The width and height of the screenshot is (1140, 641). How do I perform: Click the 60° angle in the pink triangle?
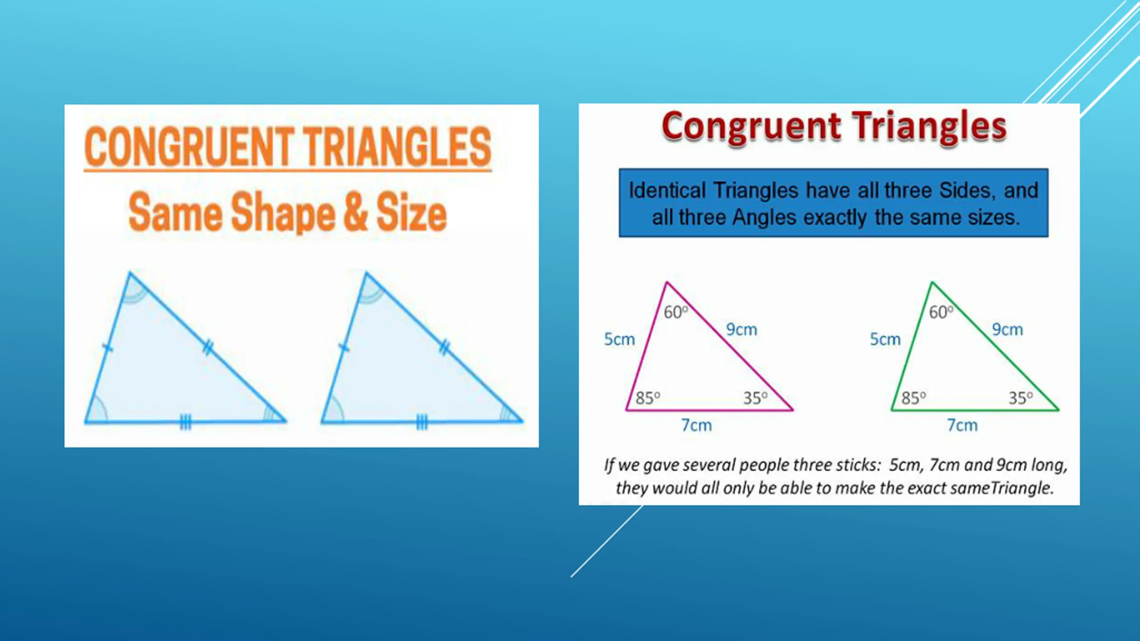(676, 312)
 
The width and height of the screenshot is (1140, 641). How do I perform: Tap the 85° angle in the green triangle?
(914, 398)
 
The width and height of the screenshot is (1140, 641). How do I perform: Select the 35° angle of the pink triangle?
(755, 398)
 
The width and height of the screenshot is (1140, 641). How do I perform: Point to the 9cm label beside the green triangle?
(1007, 329)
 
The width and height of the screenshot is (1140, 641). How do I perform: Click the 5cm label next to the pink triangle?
(619, 339)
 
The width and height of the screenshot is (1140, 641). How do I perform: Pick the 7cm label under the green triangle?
(962, 425)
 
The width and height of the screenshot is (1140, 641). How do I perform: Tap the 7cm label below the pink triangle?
(696, 425)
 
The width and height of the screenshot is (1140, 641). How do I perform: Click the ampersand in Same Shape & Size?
(355, 212)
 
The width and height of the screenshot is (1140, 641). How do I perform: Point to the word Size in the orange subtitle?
(411, 212)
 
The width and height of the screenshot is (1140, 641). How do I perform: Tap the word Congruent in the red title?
(752, 127)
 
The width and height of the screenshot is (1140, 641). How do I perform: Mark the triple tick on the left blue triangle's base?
(185, 422)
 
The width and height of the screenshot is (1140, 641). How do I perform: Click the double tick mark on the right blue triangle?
(444, 347)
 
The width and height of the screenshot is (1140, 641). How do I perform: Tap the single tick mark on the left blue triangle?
(107, 347)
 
